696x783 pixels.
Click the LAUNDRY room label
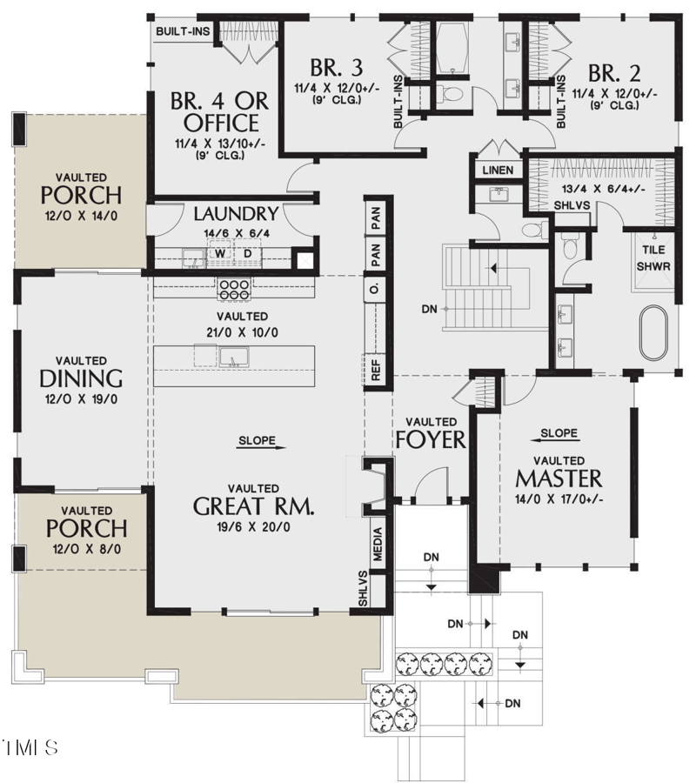(236, 214)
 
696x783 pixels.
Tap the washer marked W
(220, 254)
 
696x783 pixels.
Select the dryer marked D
(248, 254)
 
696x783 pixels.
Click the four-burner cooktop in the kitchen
(235, 289)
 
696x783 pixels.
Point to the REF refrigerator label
(376, 370)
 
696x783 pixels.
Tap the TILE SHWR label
(653, 258)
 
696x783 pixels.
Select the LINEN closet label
(498, 171)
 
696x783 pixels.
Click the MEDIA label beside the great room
(378, 545)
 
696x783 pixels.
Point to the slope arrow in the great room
(262, 447)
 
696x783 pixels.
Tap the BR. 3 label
(337, 67)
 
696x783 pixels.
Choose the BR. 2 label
(614, 73)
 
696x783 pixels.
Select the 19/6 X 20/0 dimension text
(254, 527)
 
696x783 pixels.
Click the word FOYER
(431, 440)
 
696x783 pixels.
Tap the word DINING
(81, 379)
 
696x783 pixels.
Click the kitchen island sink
(234, 357)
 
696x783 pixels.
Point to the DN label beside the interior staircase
(430, 309)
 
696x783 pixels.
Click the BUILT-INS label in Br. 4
(183, 31)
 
